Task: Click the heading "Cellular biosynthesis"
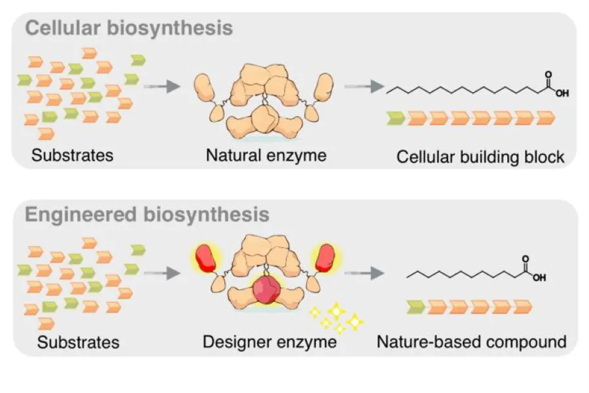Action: pyautogui.click(x=129, y=29)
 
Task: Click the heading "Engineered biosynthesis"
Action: pyautogui.click(x=147, y=214)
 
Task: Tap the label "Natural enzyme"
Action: pyautogui.click(x=266, y=155)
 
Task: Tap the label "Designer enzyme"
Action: pyautogui.click(x=270, y=341)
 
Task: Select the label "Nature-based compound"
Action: pyautogui.click(x=471, y=341)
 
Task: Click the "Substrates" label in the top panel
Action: pyautogui.click(x=72, y=155)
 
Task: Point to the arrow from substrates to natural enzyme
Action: pyautogui.click(x=161, y=86)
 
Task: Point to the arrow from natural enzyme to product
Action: pyautogui.click(x=363, y=86)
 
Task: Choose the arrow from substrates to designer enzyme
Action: pyautogui.click(x=161, y=271)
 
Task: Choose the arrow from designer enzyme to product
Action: pyautogui.click(x=363, y=271)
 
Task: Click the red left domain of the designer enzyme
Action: pyautogui.click(x=204, y=258)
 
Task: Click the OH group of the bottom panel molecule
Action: pyautogui.click(x=539, y=277)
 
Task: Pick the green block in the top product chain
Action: pyautogui.click(x=395, y=119)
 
